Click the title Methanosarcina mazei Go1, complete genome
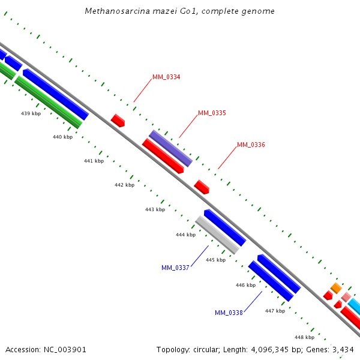coord(180,11)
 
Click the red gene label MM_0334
coord(166,77)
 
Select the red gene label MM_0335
coord(212,113)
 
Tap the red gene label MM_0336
coord(251,145)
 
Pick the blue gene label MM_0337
coord(175,268)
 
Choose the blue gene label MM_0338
coord(229,313)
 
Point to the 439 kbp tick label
coord(31,113)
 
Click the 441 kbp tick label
coord(94,161)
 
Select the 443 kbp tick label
coord(155,209)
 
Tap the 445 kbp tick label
coord(215,260)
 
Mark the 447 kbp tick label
coord(275,311)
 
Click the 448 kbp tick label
coord(304,337)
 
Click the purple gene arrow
coord(171,148)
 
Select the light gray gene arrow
coord(217,235)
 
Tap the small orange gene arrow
coord(336,288)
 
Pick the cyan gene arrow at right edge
coord(355,307)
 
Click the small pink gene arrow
coord(346,296)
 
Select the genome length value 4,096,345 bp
coord(267,349)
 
